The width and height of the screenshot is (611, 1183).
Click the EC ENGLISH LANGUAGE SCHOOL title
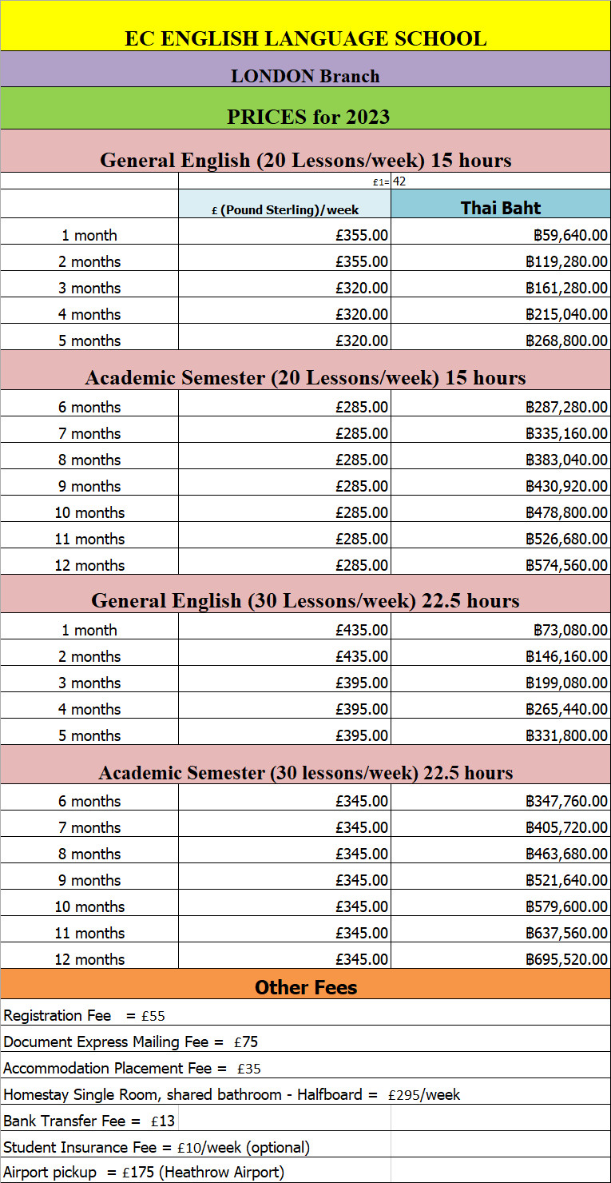coord(305,38)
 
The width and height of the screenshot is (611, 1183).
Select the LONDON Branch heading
coord(305,77)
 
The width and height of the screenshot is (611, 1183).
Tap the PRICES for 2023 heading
coord(308,117)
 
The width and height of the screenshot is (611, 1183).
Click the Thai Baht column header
coord(501,208)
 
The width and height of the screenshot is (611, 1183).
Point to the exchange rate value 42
coord(399,181)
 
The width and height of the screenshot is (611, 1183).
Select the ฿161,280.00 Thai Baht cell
coord(565,288)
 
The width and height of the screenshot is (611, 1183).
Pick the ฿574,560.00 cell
coord(565,565)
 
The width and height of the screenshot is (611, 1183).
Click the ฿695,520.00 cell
coord(565,959)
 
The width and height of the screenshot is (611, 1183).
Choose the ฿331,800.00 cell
coord(565,735)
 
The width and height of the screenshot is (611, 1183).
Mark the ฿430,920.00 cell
coord(565,486)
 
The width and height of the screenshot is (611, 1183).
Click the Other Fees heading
coord(306,987)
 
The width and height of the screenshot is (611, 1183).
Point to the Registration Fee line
coord(84,1016)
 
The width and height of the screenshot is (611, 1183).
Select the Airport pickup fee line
coord(144,1173)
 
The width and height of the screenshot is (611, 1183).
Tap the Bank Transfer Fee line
coord(89,1121)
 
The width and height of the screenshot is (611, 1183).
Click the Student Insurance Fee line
coord(157,1147)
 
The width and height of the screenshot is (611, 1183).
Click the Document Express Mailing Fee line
coord(130,1042)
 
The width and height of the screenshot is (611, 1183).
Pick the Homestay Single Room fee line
coord(232,1094)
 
